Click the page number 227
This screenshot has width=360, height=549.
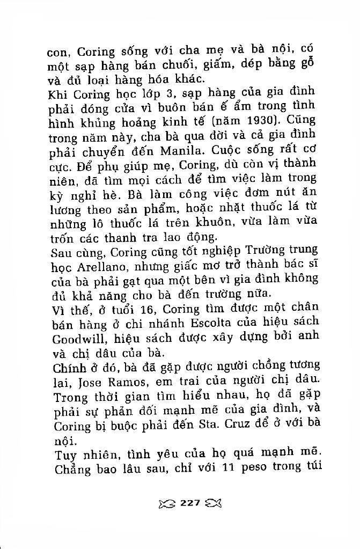pos(190,503)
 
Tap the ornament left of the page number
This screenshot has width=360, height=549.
pos(167,503)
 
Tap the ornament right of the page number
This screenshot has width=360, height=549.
pos(213,503)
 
